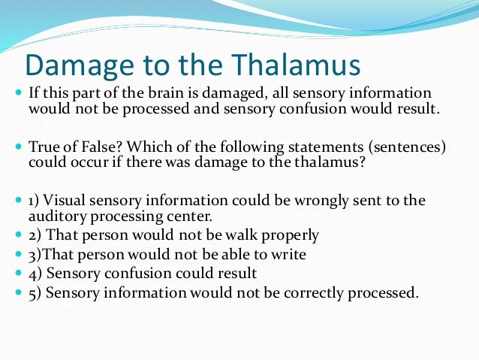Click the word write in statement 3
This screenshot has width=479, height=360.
290,255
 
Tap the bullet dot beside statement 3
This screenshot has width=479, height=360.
18,255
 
